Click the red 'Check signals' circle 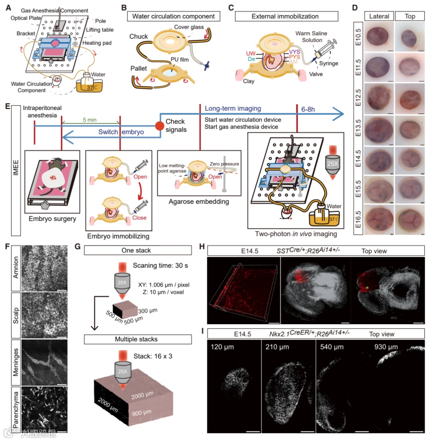pos(160,126)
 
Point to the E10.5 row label pos(359,37)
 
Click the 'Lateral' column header pos(378,16)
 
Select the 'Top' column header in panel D pos(410,16)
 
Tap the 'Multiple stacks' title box pos(137,339)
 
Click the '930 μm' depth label pos(384,346)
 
